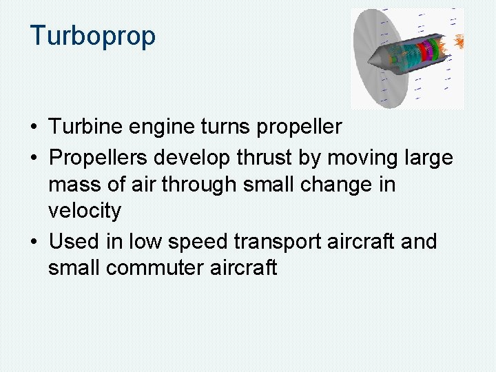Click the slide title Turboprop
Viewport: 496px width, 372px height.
(93, 36)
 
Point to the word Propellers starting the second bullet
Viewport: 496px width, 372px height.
(99, 158)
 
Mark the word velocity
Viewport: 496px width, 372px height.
(84, 211)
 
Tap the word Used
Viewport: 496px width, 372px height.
(74, 242)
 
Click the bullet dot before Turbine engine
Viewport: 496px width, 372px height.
(34, 127)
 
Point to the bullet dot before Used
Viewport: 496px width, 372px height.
(34, 242)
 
